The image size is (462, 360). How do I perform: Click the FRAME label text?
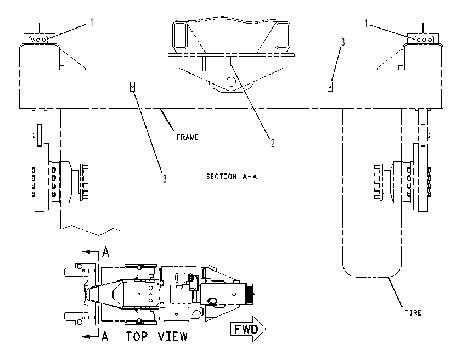click(x=188, y=137)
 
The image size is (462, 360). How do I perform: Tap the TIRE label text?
click(x=413, y=313)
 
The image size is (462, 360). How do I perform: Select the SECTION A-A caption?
click(x=232, y=177)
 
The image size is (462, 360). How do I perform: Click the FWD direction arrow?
click(x=247, y=329)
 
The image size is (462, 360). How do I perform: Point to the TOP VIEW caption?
click(x=157, y=336)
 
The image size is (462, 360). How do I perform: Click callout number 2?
click(x=273, y=143)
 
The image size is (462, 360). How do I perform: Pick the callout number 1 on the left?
click(x=92, y=22)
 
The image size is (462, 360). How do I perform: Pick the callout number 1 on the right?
click(x=366, y=24)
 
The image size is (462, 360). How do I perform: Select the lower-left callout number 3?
click(x=165, y=178)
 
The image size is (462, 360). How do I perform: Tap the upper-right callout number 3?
click(x=343, y=42)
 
